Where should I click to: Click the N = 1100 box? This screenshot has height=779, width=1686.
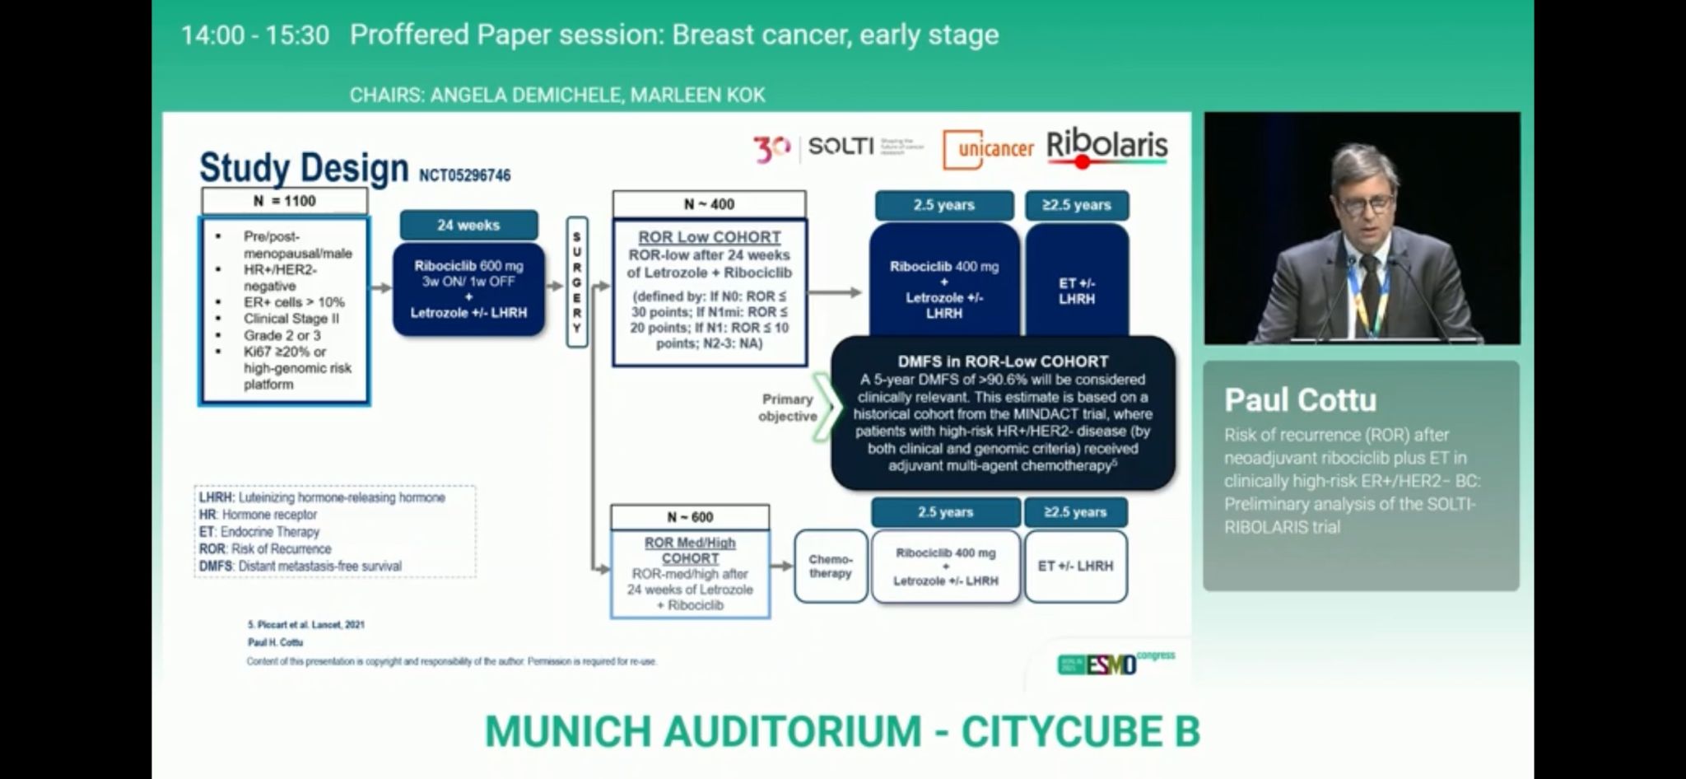click(x=284, y=201)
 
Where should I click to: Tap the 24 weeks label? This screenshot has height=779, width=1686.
click(x=468, y=225)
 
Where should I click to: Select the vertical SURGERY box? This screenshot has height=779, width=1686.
click(x=577, y=282)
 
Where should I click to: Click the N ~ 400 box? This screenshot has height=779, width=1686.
click(x=709, y=204)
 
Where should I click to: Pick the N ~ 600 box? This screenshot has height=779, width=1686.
click(x=690, y=517)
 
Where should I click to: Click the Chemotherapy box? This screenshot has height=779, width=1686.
click(x=830, y=567)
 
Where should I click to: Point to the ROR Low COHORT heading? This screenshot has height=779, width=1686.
click(x=709, y=237)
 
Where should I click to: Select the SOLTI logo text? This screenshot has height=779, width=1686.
click(x=840, y=147)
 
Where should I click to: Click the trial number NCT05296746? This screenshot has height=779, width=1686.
click(x=464, y=175)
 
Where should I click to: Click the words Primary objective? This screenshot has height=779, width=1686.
click(x=787, y=408)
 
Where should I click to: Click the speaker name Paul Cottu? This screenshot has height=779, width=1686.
click(x=1300, y=400)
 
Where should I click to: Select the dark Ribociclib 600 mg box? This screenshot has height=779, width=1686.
click(x=468, y=289)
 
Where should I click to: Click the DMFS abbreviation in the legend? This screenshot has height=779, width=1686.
click(x=216, y=567)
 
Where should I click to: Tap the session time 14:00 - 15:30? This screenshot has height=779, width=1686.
click(x=254, y=35)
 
